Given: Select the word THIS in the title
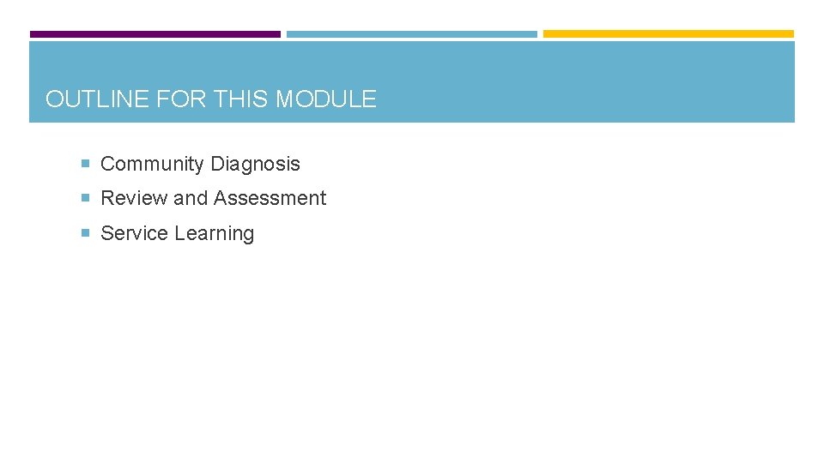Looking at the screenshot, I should (x=241, y=99).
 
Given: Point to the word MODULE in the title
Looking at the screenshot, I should (x=325, y=99).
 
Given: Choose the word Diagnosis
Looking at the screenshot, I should (x=256, y=164).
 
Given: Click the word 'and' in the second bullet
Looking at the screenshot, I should (x=191, y=198).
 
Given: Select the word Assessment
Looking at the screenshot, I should (x=270, y=198).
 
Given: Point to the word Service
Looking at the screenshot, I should (x=135, y=233).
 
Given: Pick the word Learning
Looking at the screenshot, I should (x=215, y=234).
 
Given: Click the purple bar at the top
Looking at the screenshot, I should (x=155, y=34).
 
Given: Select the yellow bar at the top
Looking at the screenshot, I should (x=669, y=34).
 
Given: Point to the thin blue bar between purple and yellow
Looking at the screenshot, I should (x=412, y=34).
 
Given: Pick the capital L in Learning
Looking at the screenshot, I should (x=180, y=233).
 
